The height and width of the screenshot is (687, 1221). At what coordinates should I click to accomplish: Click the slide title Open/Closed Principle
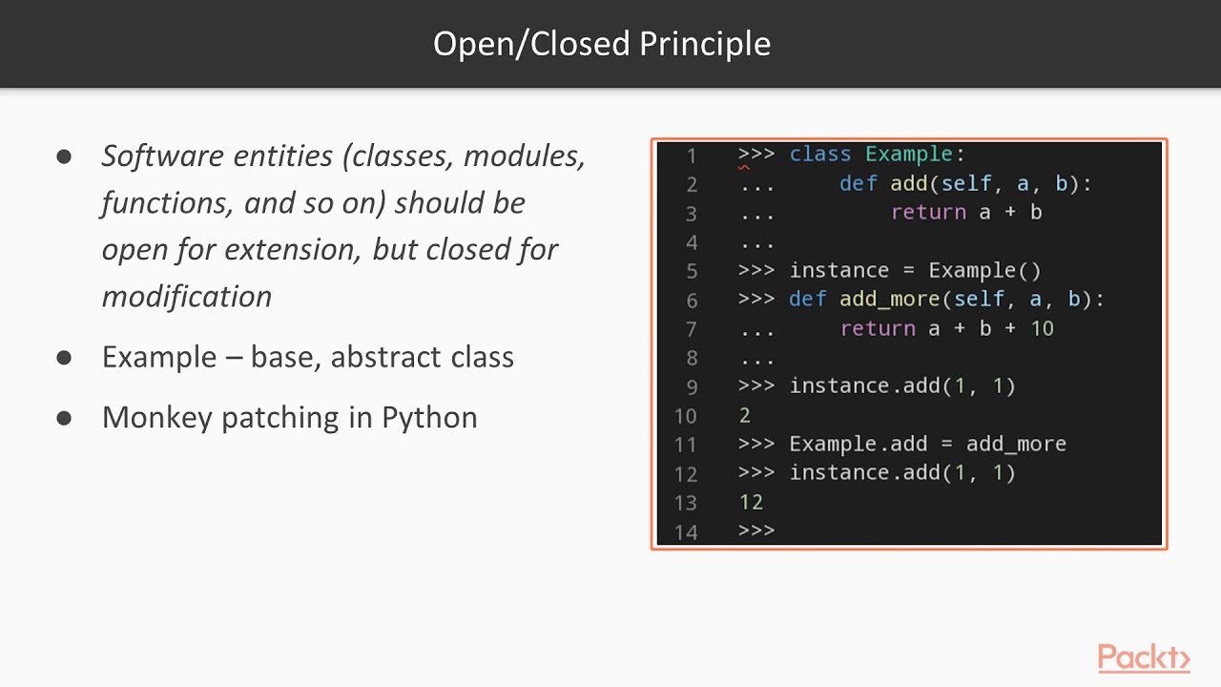click(x=601, y=44)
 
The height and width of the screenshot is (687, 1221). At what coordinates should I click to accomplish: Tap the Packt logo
click(x=1143, y=657)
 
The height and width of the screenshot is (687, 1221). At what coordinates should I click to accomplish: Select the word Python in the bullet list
click(x=429, y=418)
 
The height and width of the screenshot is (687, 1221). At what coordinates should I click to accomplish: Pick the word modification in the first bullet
click(x=187, y=297)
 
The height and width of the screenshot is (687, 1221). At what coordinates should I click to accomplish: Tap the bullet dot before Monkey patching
click(x=65, y=417)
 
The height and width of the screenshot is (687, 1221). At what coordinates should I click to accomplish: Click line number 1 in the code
click(x=691, y=156)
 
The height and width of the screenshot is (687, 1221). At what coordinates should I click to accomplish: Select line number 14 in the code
click(x=686, y=532)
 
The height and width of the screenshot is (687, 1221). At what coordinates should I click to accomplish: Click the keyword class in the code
click(x=819, y=155)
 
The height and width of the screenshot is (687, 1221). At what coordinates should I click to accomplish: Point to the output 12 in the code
click(x=751, y=502)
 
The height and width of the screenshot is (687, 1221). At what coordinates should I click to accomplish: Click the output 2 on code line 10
click(x=745, y=415)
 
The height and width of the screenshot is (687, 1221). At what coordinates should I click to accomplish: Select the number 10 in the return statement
click(x=1042, y=329)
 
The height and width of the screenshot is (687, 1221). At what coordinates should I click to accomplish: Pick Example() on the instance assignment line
click(x=984, y=271)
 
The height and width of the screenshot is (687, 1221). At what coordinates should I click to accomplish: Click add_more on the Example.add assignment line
click(x=1016, y=445)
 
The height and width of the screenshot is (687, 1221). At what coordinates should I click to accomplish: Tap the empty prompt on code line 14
click(x=756, y=531)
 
